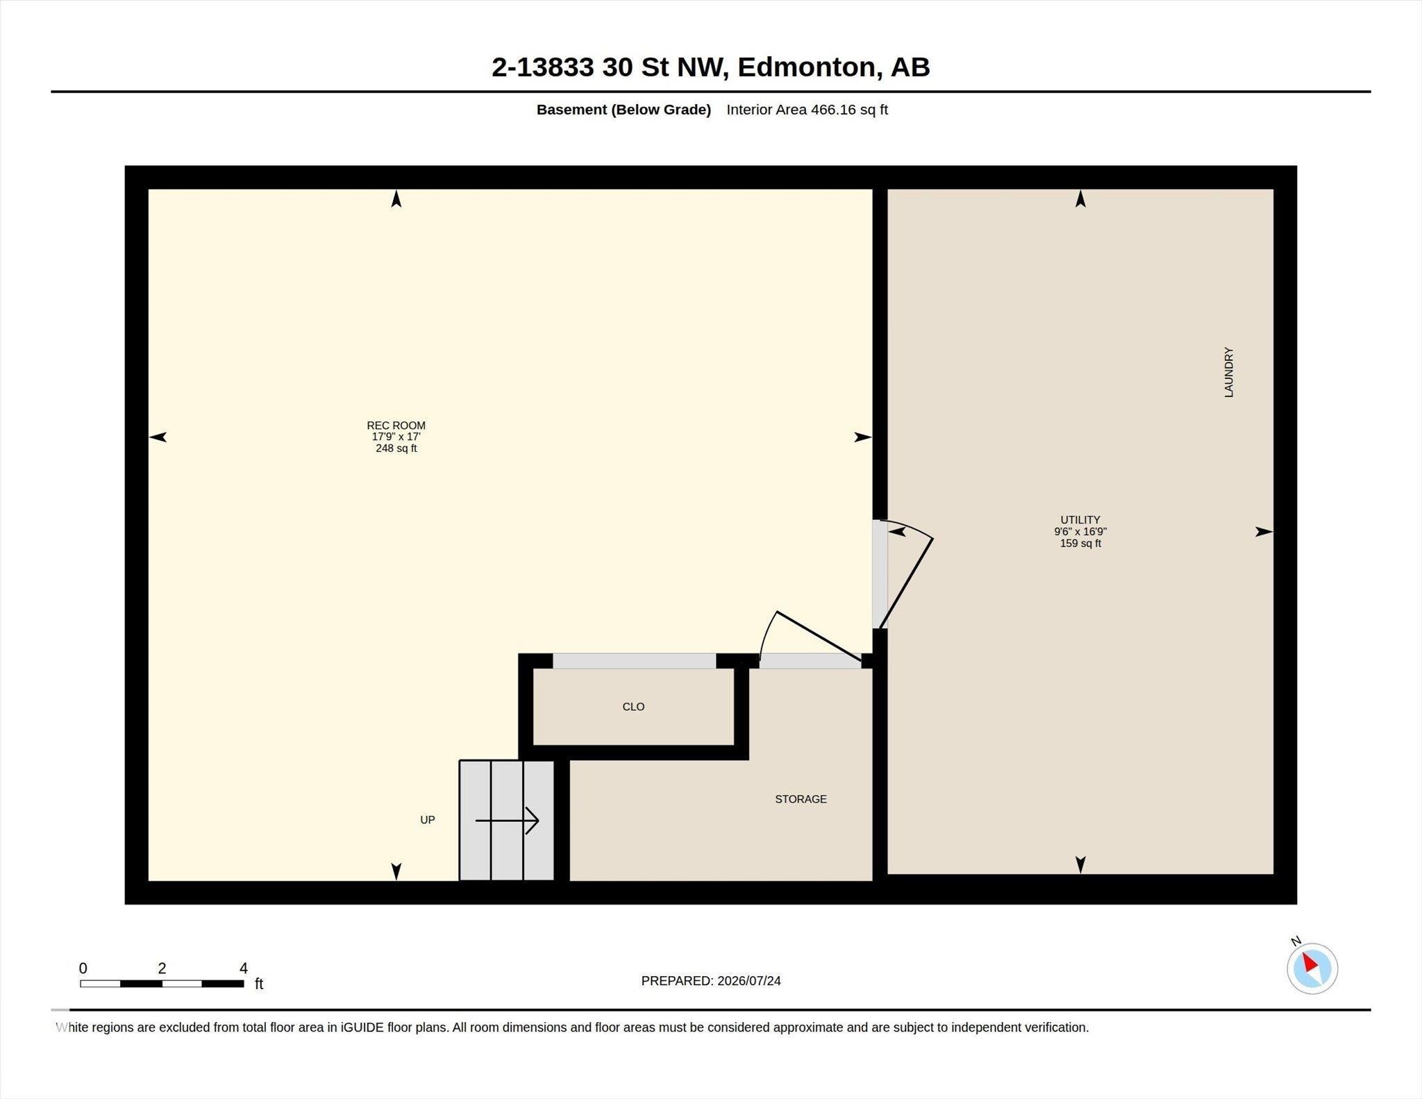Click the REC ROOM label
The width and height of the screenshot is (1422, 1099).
pyautogui.click(x=396, y=426)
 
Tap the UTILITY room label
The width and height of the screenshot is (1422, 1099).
pyautogui.click(x=1080, y=520)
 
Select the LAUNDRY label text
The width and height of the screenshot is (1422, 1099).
pyautogui.click(x=1228, y=373)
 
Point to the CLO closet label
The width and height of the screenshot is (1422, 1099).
pyautogui.click(x=633, y=707)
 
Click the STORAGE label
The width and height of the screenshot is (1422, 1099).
pyautogui.click(x=801, y=799)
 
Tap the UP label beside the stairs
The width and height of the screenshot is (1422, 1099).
pyautogui.click(x=428, y=820)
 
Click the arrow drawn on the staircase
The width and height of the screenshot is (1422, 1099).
pyautogui.click(x=507, y=821)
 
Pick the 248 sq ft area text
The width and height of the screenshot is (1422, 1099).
pyautogui.click(x=396, y=448)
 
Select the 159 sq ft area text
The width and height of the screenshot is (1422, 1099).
pyautogui.click(x=1080, y=544)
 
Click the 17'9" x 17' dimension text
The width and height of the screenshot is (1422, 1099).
pyautogui.click(x=396, y=437)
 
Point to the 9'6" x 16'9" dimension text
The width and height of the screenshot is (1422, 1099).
pyautogui.click(x=1080, y=532)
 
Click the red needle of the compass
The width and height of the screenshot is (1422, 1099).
pyautogui.click(x=1310, y=962)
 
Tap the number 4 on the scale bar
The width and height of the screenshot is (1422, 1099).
pyautogui.click(x=243, y=968)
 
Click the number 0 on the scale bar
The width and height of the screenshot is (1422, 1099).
pyautogui.click(x=83, y=968)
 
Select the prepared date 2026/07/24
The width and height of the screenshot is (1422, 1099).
pyautogui.click(x=749, y=981)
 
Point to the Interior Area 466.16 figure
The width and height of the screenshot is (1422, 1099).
pyautogui.click(x=807, y=110)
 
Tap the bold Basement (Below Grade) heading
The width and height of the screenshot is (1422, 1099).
pyautogui.click(x=624, y=110)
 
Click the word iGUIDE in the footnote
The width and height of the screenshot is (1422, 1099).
pyautogui.click(x=362, y=1027)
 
